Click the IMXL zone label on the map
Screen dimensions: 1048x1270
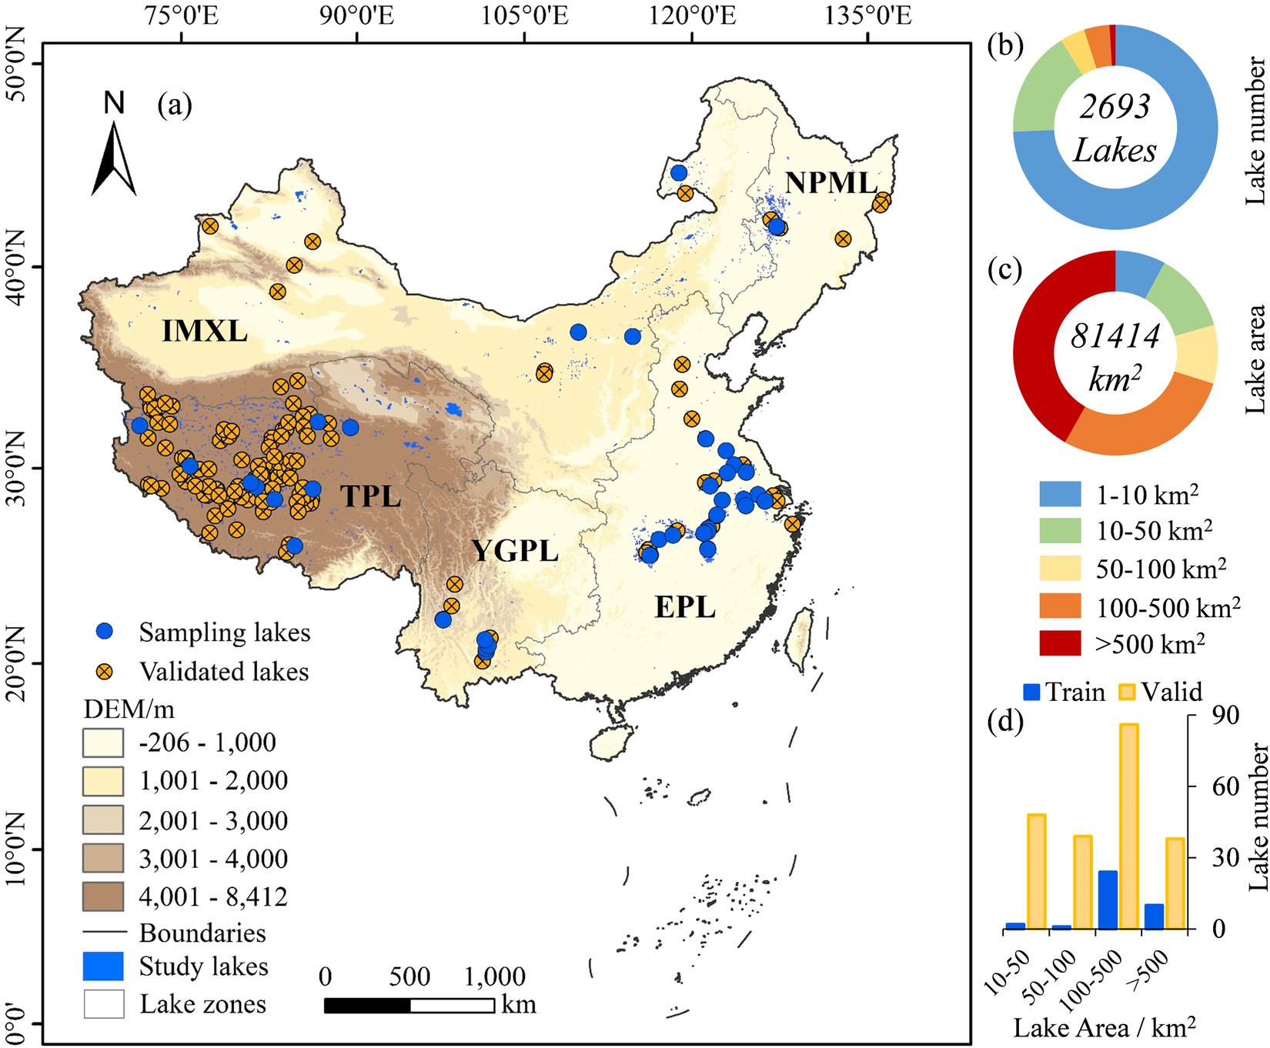pyautogui.click(x=204, y=332)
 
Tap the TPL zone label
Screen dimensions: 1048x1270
pyautogui.click(x=371, y=496)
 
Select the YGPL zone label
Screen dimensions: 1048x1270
pyautogui.click(x=514, y=551)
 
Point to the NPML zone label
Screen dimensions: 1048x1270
pyautogui.click(x=831, y=183)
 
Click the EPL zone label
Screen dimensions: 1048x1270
pyautogui.click(x=685, y=607)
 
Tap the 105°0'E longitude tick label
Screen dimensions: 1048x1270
pyautogui.click(x=525, y=16)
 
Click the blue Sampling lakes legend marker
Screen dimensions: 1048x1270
pyautogui.click(x=105, y=632)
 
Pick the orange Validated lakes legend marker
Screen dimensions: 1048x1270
pyautogui.click(x=105, y=671)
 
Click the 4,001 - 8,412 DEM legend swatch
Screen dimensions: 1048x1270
pyautogui.click(x=102, y=896)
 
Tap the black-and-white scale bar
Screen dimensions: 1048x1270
pyautogui.click(x=409, y=1005)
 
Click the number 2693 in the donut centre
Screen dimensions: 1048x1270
pyautogui.click(x=1115, y=106)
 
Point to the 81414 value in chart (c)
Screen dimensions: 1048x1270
pyautogui.click(x=1115, y=336)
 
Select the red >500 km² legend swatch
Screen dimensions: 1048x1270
pyautogui.click(x=1060, y=642)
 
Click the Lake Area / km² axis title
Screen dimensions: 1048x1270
pyautogui.click(x=1105, y=1027)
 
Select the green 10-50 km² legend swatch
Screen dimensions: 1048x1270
pyautogui.click(x=1060, y=531)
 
